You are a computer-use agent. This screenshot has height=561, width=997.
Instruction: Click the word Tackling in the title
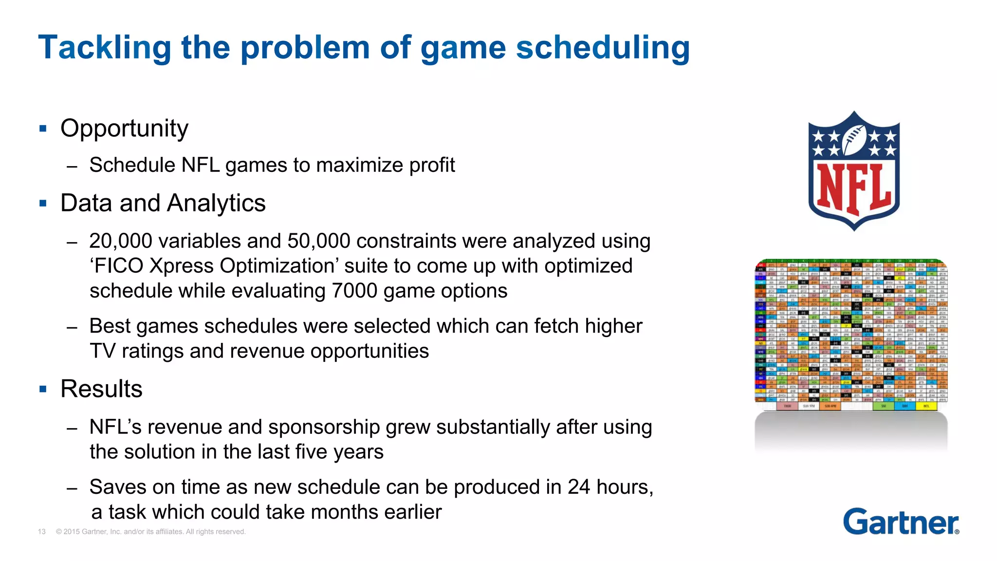click(105, 48)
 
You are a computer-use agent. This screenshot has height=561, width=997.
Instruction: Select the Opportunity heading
click(124, 129)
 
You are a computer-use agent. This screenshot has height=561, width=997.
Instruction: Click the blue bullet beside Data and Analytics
click(43, 203)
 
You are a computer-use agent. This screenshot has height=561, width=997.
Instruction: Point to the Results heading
click(101, 389)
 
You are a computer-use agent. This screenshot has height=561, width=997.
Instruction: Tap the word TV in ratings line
click(102, 351)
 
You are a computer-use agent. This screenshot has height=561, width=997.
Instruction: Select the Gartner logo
click(901, 522)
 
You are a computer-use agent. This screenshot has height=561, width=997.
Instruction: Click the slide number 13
click(42, 532)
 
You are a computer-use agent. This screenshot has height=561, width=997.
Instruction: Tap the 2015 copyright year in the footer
click(72, 532)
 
